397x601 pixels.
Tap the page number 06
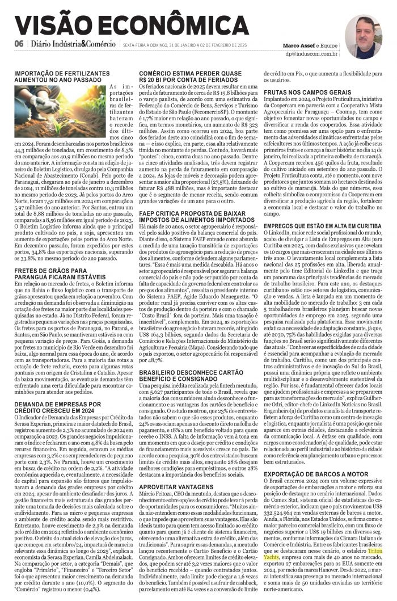click(x=19, y=44)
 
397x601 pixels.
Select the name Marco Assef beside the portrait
click(x=300, y=44)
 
